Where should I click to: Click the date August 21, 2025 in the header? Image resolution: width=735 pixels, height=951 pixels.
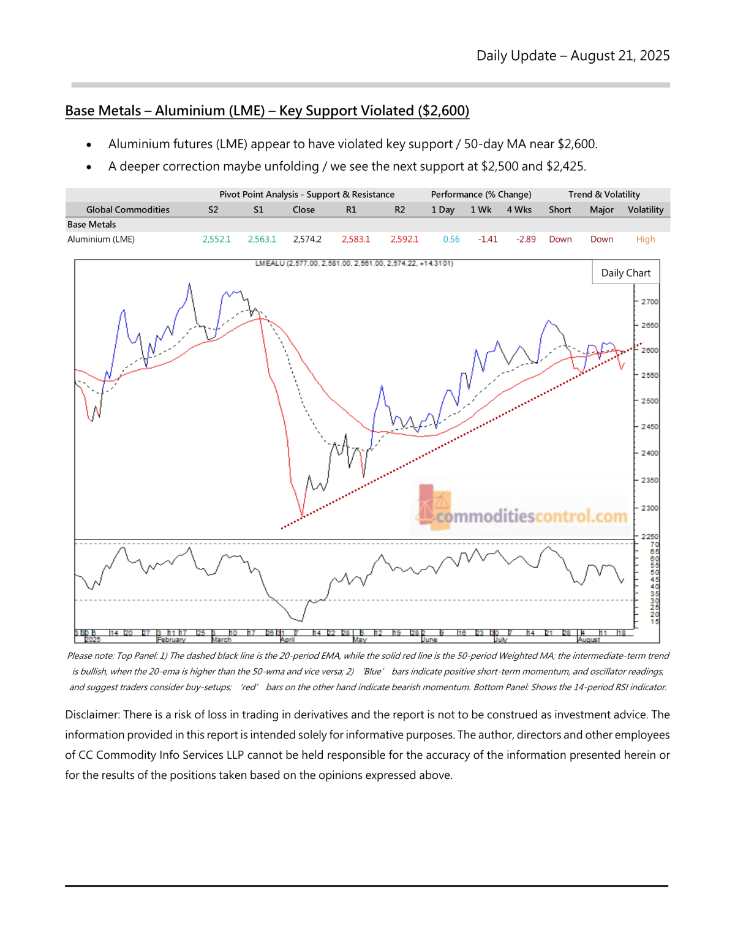tap(620, 56)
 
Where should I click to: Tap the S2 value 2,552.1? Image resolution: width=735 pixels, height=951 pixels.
tap(217, 239)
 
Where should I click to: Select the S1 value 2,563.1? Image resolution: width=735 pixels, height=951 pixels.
tap(262, 239)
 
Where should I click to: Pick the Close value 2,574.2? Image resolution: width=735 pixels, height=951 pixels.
tap(307, 239)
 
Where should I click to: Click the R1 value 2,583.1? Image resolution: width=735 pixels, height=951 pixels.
tap(356, 239)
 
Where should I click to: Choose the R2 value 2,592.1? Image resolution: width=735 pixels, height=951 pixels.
tap(404, 239)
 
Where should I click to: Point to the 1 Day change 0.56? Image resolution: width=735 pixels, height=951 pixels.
tap(451, 239)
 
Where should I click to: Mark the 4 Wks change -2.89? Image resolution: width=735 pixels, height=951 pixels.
tap(526, 239)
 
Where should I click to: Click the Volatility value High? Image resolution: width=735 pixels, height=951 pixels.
tap(646, 239)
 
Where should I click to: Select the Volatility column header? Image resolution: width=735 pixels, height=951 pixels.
tap(646, 209)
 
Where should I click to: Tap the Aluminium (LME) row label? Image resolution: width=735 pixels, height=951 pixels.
tap(101, 239)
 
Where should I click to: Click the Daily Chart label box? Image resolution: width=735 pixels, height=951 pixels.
tap(625, 273)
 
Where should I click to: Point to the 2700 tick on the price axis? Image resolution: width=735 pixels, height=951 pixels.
tap(649, 302)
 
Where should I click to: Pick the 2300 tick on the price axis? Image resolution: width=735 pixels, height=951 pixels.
tap(649, 508)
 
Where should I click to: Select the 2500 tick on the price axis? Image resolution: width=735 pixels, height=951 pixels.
tap(649, 401)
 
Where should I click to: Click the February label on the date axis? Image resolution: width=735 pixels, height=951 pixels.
tap(171, 640)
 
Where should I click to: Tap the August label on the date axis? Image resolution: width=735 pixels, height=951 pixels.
tap(589, 640)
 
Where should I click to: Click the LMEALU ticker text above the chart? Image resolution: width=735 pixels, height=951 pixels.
tap(270, 263)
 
